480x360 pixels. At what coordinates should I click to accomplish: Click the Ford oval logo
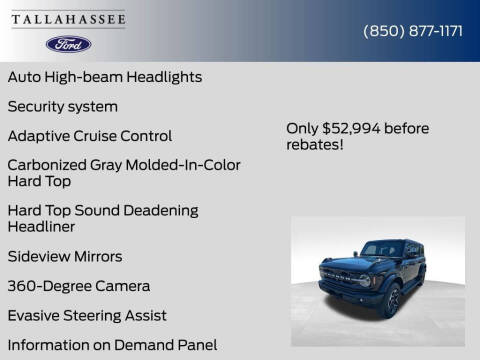pos(68,44)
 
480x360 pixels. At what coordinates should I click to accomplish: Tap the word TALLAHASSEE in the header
pos(68,18)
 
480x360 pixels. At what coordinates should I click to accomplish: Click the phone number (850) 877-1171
pos(412,30)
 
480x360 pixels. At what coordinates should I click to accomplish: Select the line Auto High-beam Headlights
pos(104,76)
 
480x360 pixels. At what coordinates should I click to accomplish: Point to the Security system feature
pos(62,106)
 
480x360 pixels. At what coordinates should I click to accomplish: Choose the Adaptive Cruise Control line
pos(89,136)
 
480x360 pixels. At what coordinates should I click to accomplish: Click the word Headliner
pos(43,227)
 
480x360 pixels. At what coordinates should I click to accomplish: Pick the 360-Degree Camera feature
pos(78,286)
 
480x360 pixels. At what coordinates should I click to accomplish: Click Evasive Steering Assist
pos(87,316)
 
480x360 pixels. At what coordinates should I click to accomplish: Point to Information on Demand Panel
pos(112,345)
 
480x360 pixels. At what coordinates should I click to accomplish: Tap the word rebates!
pos(316,144)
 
